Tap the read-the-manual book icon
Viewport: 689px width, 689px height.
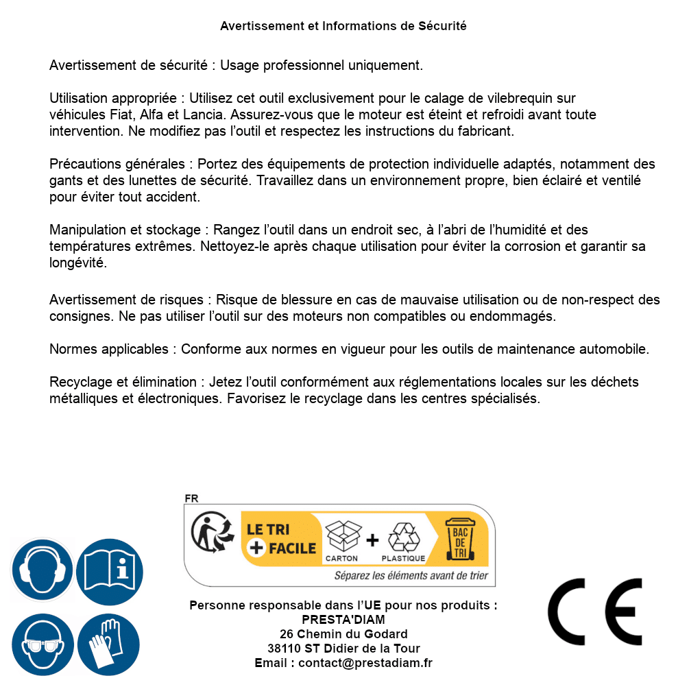pos(110,570)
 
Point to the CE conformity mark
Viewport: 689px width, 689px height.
pos(595,612)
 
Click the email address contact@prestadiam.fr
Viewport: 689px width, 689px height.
pos(365,663)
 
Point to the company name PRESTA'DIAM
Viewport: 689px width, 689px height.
pos(343,620)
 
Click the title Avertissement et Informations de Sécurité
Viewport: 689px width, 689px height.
pos(343,26)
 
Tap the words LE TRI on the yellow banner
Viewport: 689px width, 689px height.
pos(269,529)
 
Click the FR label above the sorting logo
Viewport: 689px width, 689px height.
pos(191,499)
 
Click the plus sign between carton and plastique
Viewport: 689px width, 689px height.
pos(372,540)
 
